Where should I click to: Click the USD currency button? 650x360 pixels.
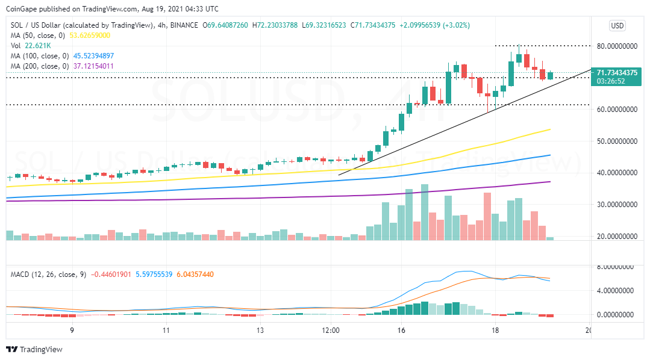click(x=617, y=26)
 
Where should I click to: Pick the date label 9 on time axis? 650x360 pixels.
click(x=72, y=331)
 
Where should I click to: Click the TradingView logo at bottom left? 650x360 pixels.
click(x=34, y=349)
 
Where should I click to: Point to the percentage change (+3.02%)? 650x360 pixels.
click(x=456, y=25)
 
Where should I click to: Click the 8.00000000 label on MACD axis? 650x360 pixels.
click(x=618, y=267)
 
